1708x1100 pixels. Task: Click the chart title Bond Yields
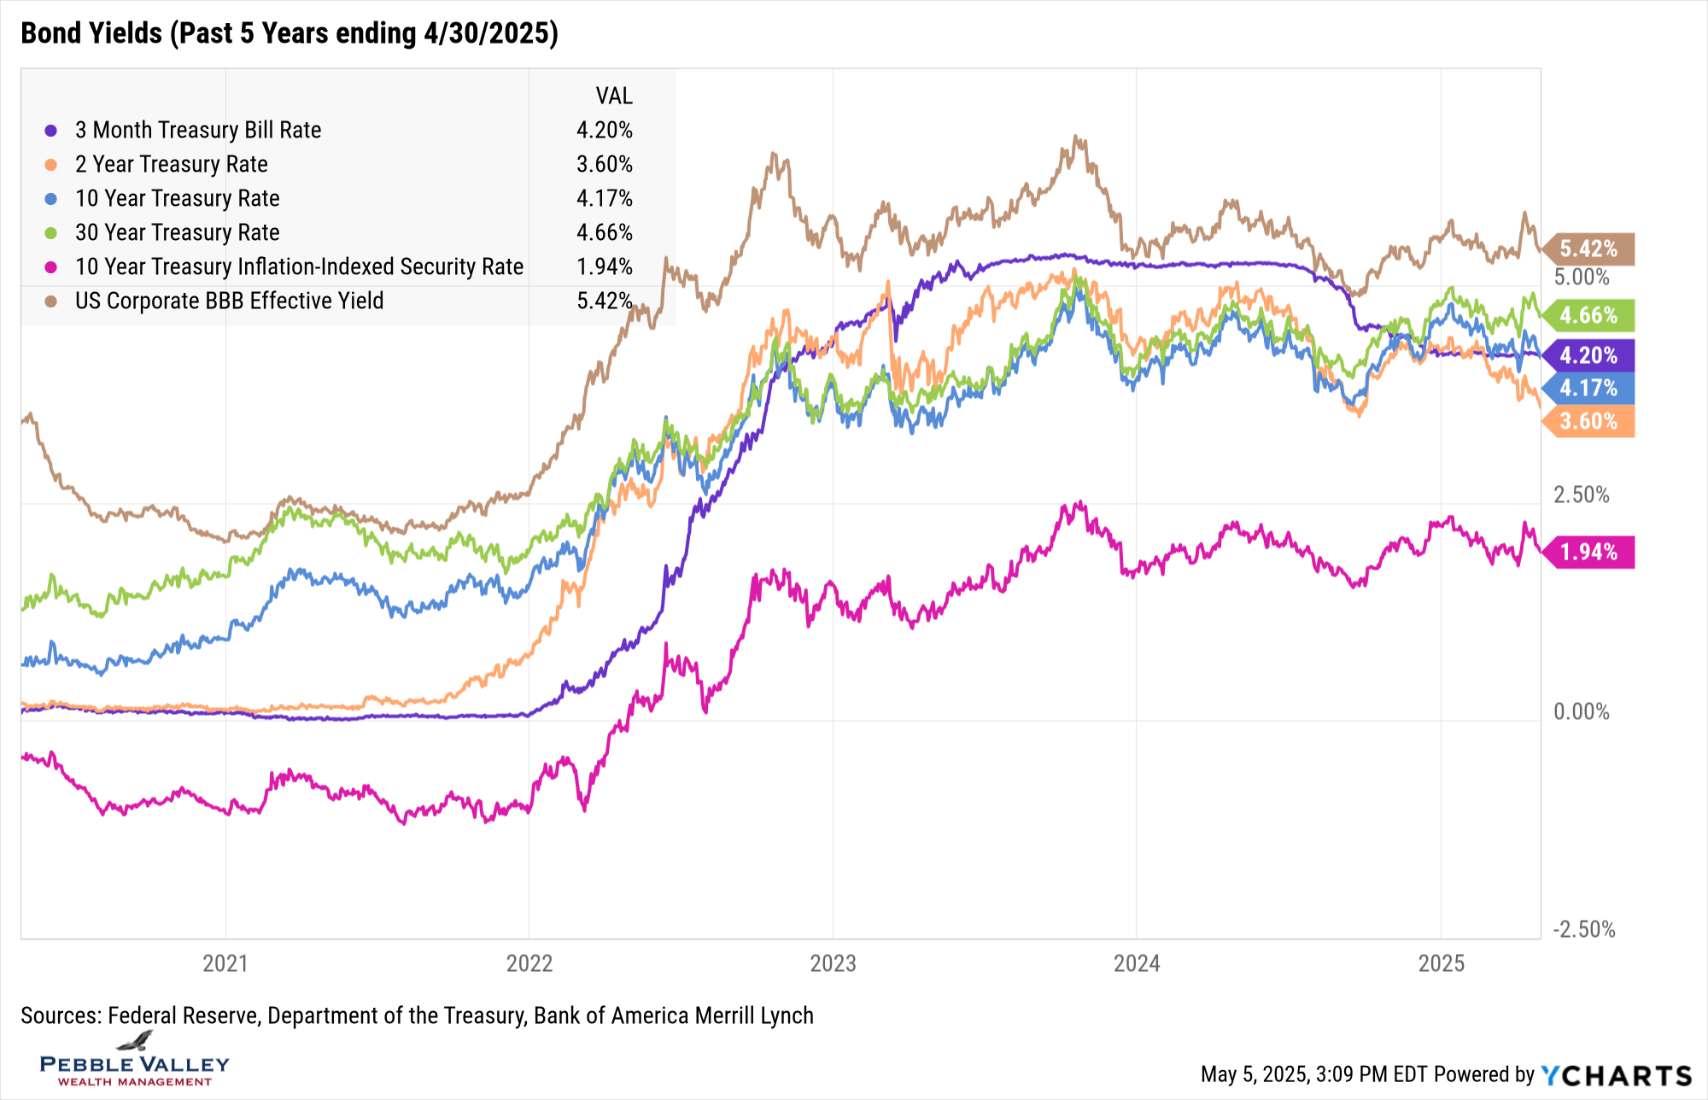(x=289, y=33)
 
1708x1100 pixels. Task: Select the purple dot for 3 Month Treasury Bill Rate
(x=51, y=131)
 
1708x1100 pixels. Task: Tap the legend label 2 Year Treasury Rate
(x=171, y=164)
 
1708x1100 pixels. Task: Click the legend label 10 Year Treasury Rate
(x=177, y=198)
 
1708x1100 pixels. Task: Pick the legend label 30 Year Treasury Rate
(x=177, y=232)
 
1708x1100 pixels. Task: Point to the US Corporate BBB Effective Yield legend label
(x=229, y=301)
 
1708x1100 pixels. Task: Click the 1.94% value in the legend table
(x=604, y=266)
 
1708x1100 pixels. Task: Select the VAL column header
(x=614, y=96)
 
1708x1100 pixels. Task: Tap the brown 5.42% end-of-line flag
(x=1588, y=249)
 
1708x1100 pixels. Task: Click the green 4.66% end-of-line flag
(x=1588, y=315)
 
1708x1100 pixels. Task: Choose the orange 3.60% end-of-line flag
(x=1588, y=421)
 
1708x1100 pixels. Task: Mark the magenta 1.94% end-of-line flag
(x=1588, y=552)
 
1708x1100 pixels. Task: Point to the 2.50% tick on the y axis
(x=1581, y=494)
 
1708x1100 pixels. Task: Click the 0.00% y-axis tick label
(x=1581, y=711)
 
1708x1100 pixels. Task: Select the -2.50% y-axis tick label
(x=1583, y=929)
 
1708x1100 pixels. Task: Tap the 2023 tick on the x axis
(x=833, y=963)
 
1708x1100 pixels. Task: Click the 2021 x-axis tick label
(x=225, y=963)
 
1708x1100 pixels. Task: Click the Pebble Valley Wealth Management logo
(x=135, y=1062)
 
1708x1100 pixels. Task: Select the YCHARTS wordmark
(x=1616, y=1074)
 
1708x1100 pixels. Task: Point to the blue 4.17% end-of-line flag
(x=1588, y=388)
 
